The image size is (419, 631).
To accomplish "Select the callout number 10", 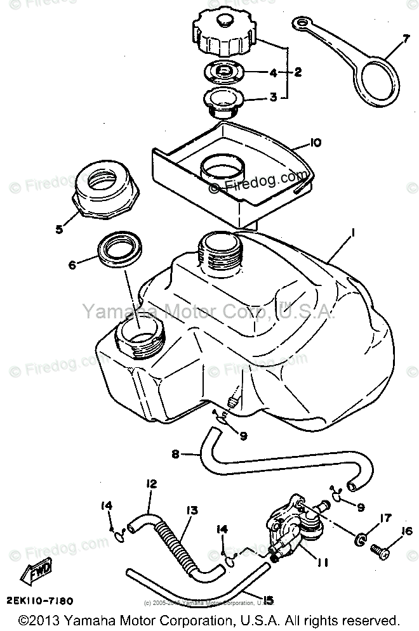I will (315, 143).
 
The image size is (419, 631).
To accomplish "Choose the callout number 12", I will (150, 484).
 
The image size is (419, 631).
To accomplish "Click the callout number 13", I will (191, 509).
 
